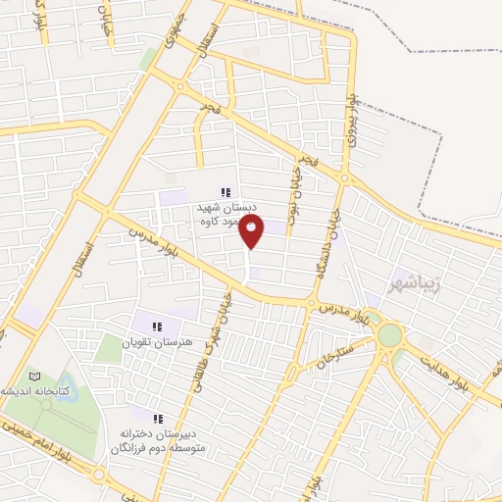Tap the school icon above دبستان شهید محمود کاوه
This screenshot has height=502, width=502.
click(226, 192)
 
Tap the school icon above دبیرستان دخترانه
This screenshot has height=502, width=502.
click(158, 419)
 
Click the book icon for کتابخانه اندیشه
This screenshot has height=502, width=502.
click(35, 376)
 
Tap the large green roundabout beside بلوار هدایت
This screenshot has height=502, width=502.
click(389, 335)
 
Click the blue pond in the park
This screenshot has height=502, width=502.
click(66, 384)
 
